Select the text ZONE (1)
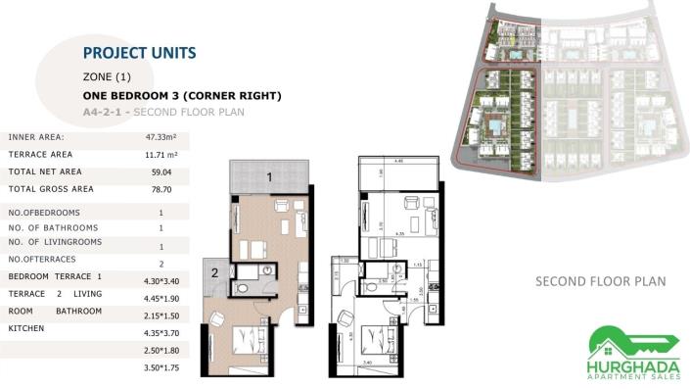(108, 76)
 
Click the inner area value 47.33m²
(161, 137)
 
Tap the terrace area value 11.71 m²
(161, 155)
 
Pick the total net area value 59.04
(161, 171)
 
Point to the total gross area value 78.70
(161, 189)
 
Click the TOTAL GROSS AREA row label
(51, 189)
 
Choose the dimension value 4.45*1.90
(161, 298)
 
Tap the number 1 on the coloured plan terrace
(269, 177)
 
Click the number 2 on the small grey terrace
(214, 274)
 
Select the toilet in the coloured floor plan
(243, 288)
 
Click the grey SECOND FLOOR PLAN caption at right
(600, 282)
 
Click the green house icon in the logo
(607, 340)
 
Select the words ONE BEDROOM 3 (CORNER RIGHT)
(183, 96)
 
